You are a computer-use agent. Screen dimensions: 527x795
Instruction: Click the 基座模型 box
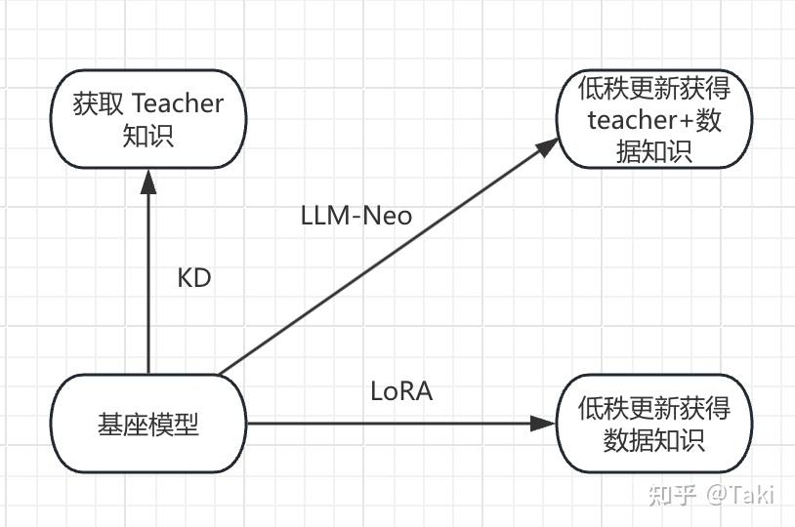pyautogui.click(x=148, y=424)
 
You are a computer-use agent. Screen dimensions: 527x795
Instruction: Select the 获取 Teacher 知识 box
pyautogui.click(x=148, y=118)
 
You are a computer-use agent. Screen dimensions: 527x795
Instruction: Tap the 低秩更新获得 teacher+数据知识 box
pyautogui.click(x=654, y=119)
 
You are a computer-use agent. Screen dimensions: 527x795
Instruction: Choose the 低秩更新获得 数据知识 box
pyautogui.click(x=654, y=424)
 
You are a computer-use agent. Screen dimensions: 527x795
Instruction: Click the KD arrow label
pyautogui.click(x=193, y=278)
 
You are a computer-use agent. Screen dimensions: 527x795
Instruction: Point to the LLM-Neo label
pyautogui.click(x=356, y=215)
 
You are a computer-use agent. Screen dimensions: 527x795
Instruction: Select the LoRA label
pyautogui.click(x=401, y=391)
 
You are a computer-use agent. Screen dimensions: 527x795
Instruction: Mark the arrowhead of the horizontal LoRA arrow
pyautogui.click(x=542, y=424)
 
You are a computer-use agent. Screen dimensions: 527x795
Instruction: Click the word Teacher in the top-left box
pyautogui.click(x=177, y=102)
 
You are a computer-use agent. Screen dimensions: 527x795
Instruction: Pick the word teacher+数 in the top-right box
pyautogui.click(x=654, y=120)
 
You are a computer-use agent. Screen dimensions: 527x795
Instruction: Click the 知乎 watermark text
pyautogui.click(x=672, y=495)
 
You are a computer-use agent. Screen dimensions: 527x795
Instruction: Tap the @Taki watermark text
pyautogui.click(x=739, y=495)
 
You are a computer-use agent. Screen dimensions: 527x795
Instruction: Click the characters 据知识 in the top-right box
pyautogui.click(x=654, y=151)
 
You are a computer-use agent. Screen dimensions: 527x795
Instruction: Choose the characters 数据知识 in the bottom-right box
pyautogui.click(x=654, y=439)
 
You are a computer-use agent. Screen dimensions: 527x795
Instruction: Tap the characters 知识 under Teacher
pyautogui.click(x=148, y=135)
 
